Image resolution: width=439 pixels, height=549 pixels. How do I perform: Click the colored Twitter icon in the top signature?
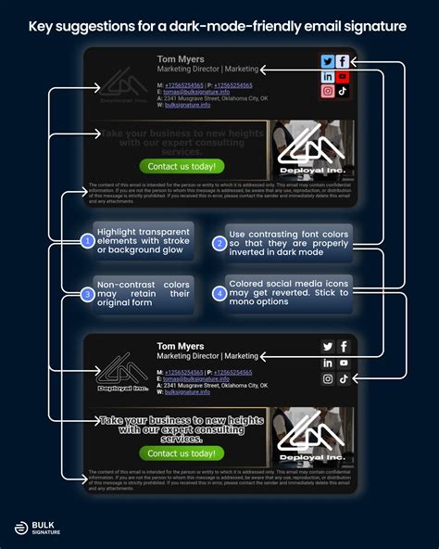click(327, 61)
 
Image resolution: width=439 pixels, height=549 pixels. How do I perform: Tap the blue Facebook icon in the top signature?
click(343, 61)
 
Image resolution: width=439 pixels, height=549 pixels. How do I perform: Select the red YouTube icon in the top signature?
click(343, 76)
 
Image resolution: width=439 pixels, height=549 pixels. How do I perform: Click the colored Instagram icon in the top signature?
click(327, 91)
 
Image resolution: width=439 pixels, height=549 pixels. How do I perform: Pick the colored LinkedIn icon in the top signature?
click(327, 76)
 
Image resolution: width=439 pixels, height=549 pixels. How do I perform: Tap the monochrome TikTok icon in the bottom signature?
click(343, 378)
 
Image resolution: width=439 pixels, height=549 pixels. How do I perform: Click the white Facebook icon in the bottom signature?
click(343, 347)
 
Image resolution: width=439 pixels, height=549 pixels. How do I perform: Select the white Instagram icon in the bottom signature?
click(327, 378)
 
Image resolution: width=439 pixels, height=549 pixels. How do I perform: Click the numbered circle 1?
click(86, 242)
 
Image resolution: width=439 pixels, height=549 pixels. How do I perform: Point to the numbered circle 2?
click(219, 243)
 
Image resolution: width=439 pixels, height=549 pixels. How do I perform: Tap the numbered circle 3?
click(86, 295)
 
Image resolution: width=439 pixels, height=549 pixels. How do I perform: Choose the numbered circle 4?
click(219, 294)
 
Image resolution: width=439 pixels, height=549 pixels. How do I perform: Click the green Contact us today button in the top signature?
click(182, 167)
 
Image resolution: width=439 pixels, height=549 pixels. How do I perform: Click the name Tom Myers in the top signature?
click(180, 59)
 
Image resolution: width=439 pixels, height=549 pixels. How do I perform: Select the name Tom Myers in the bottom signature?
click(180, 346)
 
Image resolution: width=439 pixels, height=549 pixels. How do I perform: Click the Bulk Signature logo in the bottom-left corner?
click(36, 526)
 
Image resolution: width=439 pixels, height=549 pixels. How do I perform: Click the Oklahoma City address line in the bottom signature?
click(211, 385)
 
